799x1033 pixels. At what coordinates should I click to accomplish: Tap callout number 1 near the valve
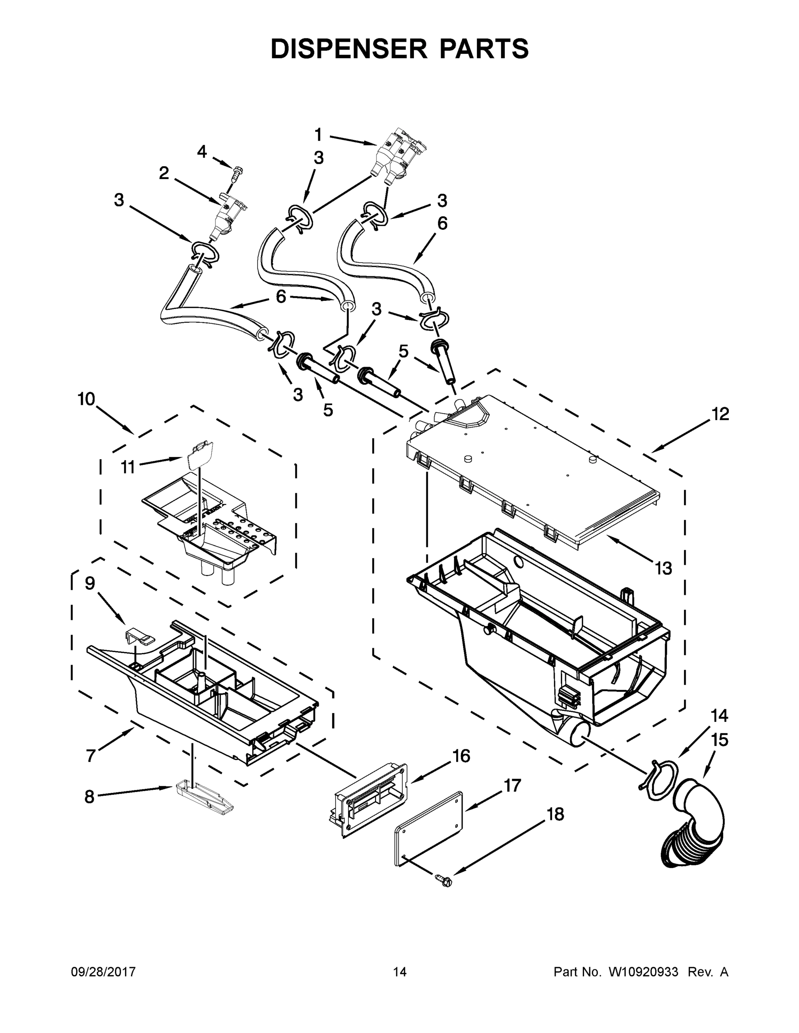pyautogui.click(x=318, y=135)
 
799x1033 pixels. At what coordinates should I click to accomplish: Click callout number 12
pyautogui.click(x=720, y=414)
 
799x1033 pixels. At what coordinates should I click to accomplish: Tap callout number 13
pyautogui.click(x=663, y=568)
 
